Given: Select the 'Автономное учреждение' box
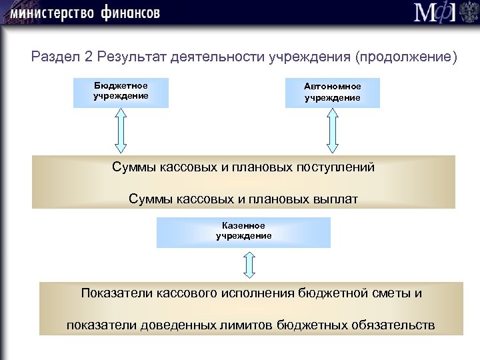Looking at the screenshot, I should (x=332, y=93).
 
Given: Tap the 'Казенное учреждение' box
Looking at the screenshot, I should (x=243, y=231).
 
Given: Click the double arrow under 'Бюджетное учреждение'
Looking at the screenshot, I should (x=121, y=131).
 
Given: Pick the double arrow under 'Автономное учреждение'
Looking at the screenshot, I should (x=332, y=131).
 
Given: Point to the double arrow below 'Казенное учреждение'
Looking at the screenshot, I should (x=249, y=265).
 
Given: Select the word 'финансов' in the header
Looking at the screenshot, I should (x=131, y=13).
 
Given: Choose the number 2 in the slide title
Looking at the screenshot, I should (x=88, y=57).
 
